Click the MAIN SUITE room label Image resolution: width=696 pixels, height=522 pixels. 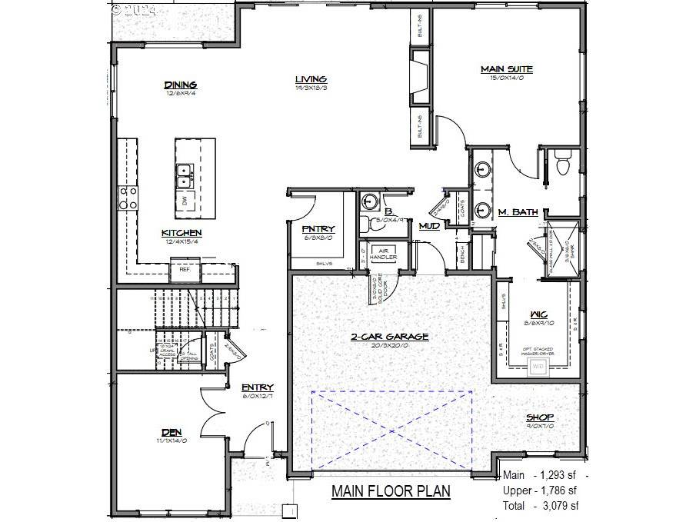pos(507,69)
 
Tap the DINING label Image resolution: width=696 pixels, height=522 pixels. pos(181,85)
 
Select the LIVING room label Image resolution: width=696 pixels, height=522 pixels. pos(311,79)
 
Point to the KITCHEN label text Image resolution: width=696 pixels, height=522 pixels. pos(181,233)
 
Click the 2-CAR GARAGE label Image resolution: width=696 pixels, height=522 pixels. pos(390,337)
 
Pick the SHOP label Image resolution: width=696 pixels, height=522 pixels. pos(540,417)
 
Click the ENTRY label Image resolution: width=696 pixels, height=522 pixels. pos(258,387)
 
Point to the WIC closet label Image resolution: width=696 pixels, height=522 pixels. pos(538,314)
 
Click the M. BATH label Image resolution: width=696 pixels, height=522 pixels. pos(517,212)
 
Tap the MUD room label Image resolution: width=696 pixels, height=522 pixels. pos(428,226)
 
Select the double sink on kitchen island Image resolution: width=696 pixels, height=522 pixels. pos(185,176)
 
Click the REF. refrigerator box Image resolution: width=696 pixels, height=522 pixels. pos(185,270)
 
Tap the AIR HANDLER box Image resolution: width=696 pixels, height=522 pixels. pos(382,254)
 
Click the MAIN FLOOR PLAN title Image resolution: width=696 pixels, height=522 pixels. pos(391,491)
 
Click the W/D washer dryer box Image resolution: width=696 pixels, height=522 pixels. pos(538,367)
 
